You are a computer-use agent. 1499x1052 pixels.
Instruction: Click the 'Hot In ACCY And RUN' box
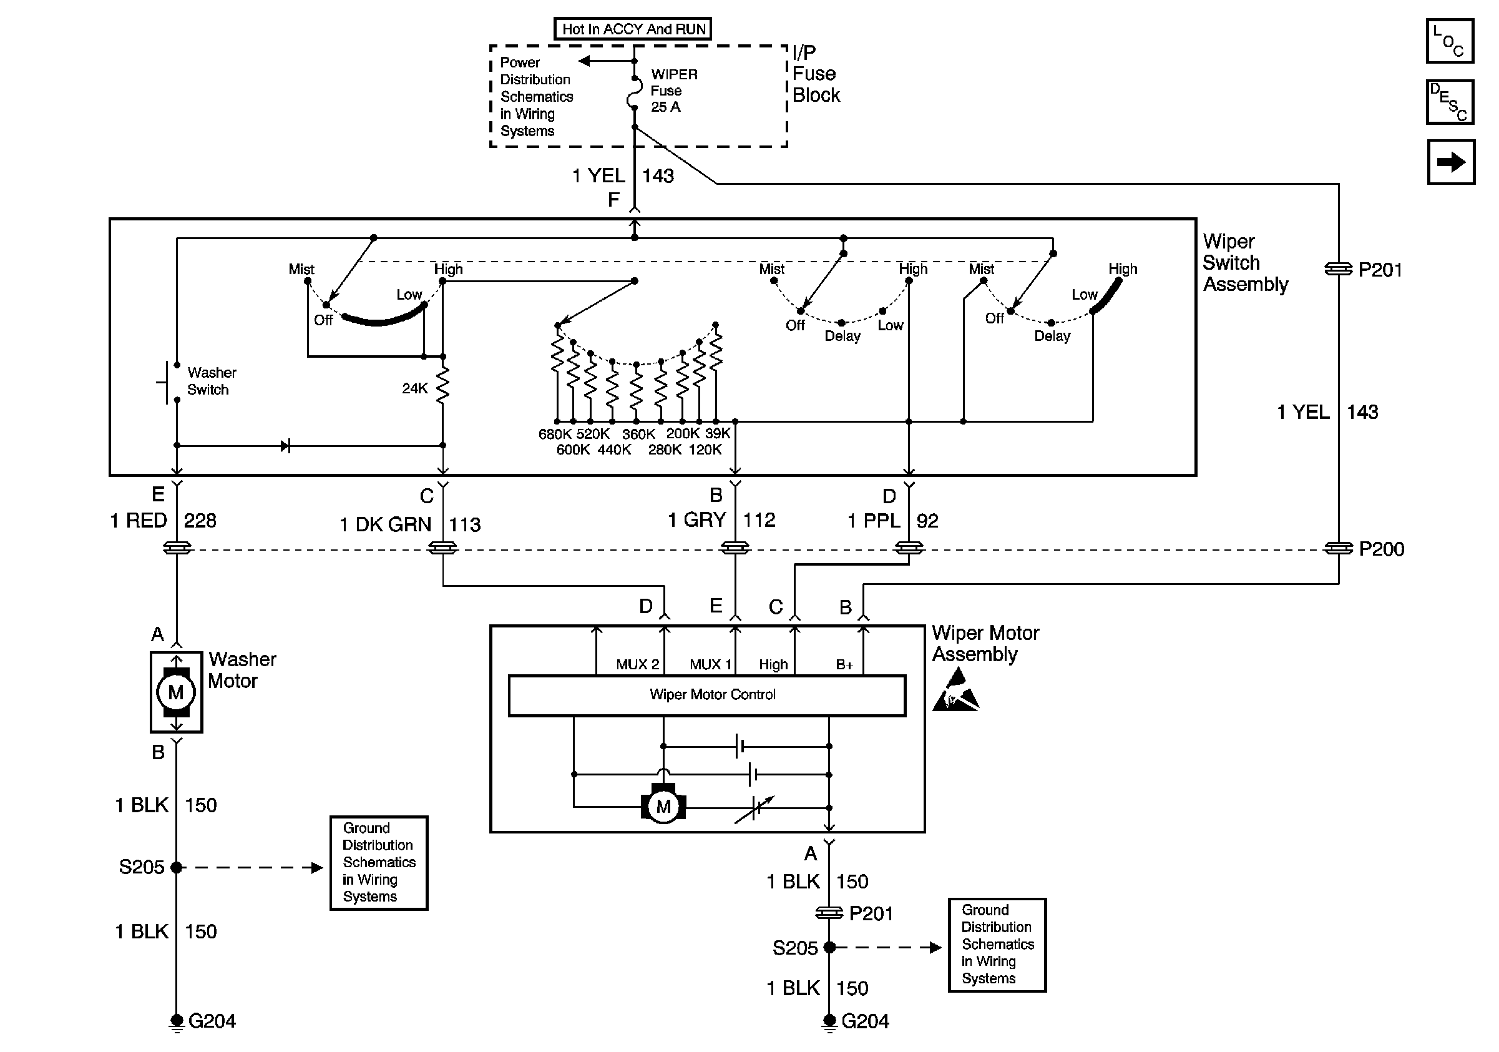tap(633, 29)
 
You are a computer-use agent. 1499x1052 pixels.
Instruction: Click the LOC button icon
tap(1449, 41)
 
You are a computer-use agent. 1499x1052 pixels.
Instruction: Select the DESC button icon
tap(1449, 102)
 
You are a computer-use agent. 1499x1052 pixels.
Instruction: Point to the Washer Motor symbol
tap(176, 692)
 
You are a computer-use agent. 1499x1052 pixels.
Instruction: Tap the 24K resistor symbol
tap(442, 385)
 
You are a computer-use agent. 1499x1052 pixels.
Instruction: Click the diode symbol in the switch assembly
tap(285, 446)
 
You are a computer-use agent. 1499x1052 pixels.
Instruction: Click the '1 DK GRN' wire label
tap(385, 524)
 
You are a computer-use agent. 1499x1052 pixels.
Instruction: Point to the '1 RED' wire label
tap(139, 521)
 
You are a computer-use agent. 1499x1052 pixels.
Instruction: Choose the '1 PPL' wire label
tap(874, 521)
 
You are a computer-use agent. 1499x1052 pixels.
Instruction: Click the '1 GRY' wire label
tap(696, 520)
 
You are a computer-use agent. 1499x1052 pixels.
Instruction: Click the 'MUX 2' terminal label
tap(637, 665)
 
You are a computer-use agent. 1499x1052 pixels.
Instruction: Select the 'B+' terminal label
tap(844, 665)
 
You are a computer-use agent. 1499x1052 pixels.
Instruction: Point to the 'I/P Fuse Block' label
tap(816, 74)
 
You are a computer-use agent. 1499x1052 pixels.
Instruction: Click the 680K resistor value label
tap(555, 435)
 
